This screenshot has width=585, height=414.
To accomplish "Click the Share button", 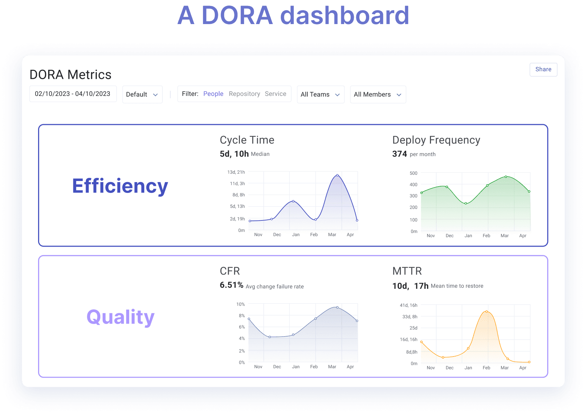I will click(x=543, y=69).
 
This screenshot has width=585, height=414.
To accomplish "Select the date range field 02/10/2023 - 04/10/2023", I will click(x=73, y=94).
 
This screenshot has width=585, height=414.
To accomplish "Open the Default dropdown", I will click(x=142, y=95).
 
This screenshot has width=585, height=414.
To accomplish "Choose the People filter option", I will click(x=213, y=94).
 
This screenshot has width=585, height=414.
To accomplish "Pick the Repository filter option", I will click(x=244, y=94).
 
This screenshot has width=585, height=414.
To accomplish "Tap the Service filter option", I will click(x=276, y=94).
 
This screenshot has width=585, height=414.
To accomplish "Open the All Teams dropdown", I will click(x=320, y=95).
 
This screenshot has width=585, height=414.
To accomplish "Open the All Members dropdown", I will click(x=378, y=95).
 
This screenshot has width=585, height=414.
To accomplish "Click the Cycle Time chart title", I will click(x=247, y=140).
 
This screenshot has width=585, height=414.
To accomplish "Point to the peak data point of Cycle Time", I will click(x=337, y=175).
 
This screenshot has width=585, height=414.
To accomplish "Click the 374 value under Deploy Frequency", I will click(x=400, y=154).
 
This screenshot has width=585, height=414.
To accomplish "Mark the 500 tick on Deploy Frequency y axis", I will click(x=414, y=173).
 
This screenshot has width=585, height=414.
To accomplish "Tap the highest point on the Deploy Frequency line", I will click(x=506, y=177).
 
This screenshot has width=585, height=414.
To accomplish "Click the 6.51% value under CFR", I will click(x=231, y=285).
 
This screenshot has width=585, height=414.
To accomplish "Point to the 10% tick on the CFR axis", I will click(x=241, y=304).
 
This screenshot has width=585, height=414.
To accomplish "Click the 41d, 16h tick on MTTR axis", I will click(x=409, y=305).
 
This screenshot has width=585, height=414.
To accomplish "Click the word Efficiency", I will click(x=120, y=186).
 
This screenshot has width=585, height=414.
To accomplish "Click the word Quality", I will click(x=120, y=317).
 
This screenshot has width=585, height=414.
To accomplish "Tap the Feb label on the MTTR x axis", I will click(x=486, y=368).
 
